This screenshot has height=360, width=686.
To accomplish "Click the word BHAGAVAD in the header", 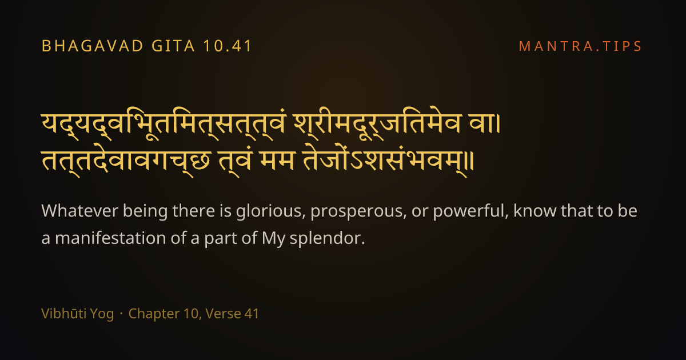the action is [93, 46].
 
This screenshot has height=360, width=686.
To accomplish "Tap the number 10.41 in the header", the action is [228, 46].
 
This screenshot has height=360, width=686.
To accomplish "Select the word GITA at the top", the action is [173, 46].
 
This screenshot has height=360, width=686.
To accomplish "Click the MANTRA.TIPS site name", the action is [580, 46].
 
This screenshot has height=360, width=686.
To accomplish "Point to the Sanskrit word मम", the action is [277, 161].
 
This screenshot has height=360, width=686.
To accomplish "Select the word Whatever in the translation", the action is [79, 211].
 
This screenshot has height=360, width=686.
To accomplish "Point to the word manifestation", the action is [110, 238].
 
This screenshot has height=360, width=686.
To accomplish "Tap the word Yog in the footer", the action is [103, 314].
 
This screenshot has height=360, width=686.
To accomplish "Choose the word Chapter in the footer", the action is [154, 314].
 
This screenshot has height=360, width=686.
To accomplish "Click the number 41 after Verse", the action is [252, 314].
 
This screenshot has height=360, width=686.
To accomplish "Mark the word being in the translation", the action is [145, 212].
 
